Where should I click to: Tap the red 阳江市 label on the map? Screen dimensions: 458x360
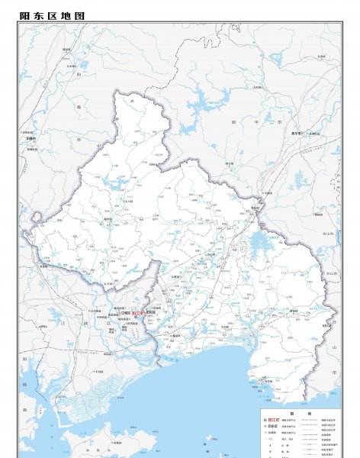click(x=137, y=313)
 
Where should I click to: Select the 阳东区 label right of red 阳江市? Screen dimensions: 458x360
click(x=150, y=313)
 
